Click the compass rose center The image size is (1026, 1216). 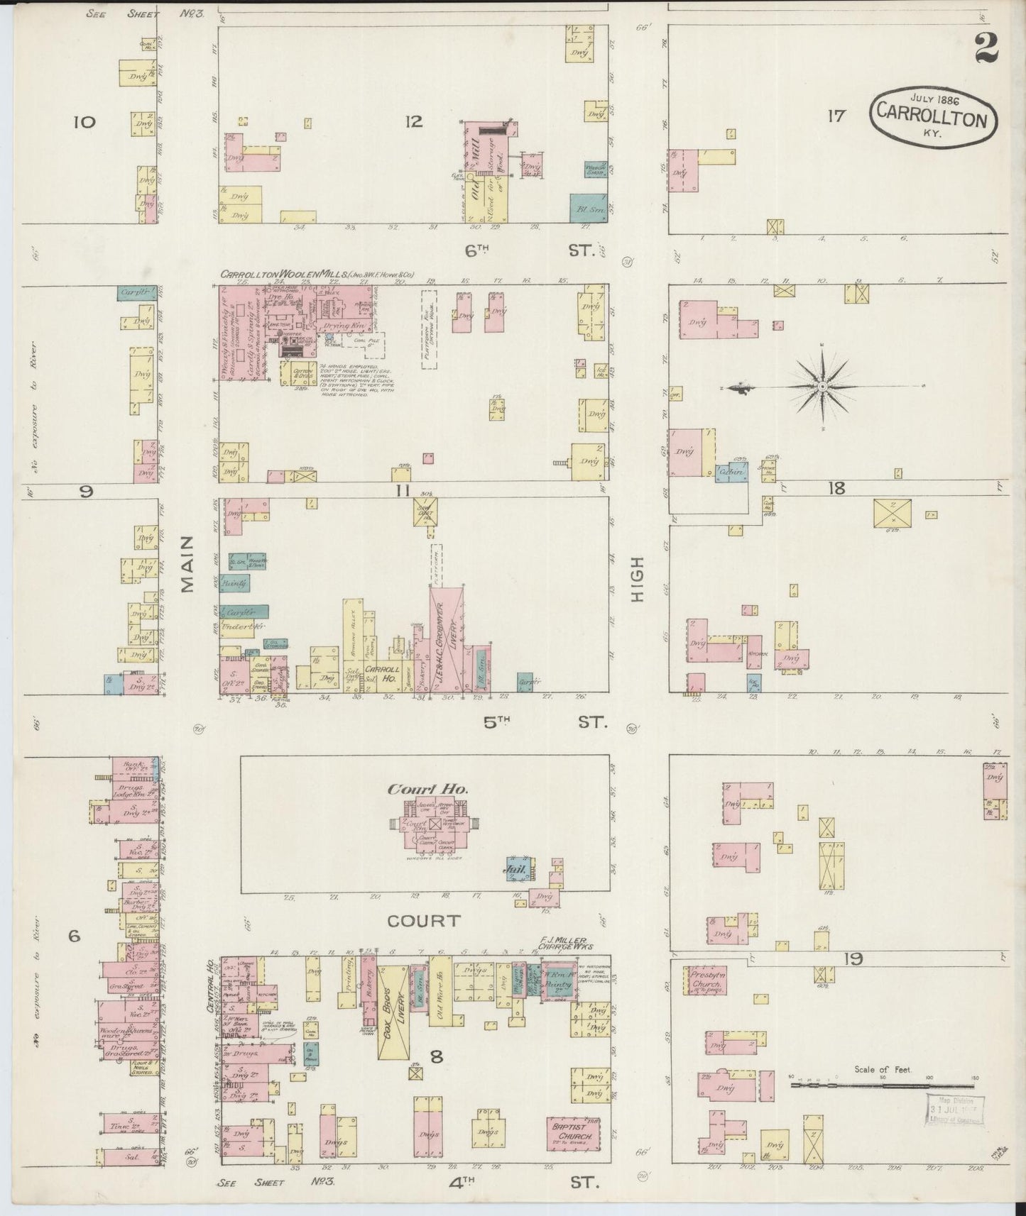tap(822, 386)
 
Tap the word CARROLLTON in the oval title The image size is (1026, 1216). tap(932, 116)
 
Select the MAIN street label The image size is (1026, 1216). tap(187, 563)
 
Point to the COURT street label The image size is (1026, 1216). tap(424, 921)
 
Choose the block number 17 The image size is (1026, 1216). tap(836, 115)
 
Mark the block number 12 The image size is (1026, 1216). tap(414, 122)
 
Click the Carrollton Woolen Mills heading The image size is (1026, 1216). tap(317, 274)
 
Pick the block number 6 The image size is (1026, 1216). tap(74, 936)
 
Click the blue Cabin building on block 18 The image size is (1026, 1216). tap(731, 472)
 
